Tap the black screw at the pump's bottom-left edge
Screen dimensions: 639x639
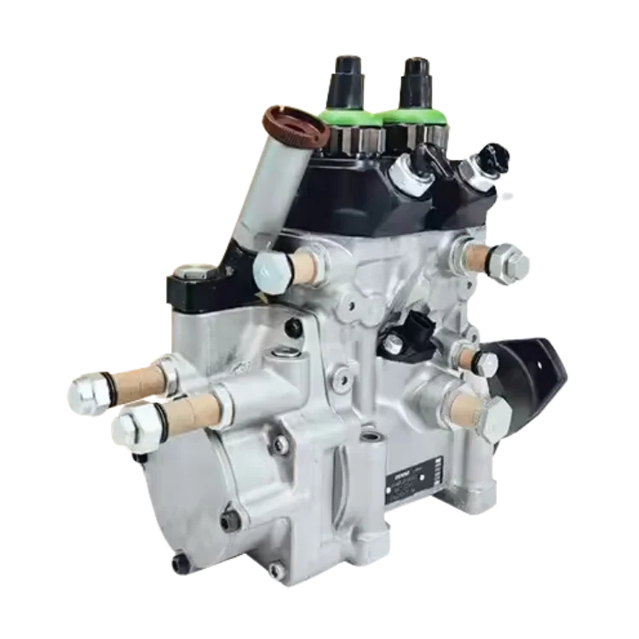(178, 563)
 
